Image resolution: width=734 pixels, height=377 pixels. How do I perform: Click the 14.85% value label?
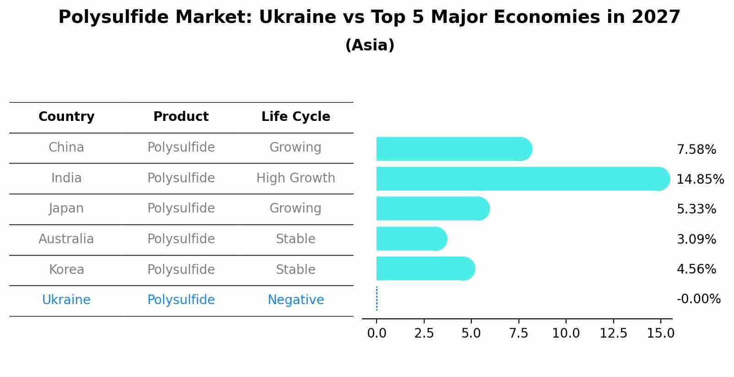[x=700, y=179]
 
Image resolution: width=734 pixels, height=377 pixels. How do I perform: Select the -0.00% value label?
[x=698, y=299]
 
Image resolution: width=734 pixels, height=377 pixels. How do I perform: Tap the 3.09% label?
[x=696, y=239]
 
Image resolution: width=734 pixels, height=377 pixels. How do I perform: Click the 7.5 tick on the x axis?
[x=518, y=333]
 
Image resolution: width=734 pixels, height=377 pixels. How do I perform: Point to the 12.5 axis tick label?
[x=613, y=333]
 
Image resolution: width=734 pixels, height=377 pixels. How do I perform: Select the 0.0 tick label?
[x=377, y=333]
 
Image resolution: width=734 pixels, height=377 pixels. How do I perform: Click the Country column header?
[x=66, y=117]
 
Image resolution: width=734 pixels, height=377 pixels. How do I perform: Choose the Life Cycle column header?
[x=296, y=117]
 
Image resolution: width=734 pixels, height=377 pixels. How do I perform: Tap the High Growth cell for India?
[x=296, y=178]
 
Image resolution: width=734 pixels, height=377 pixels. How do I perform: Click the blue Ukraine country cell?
[x=66, y=300]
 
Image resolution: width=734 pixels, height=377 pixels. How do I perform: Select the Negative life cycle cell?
[x=296, y=300]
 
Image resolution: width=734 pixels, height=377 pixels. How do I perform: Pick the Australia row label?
[x=66, y=239]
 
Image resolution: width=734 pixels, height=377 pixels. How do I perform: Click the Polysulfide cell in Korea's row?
[x=181, y=269]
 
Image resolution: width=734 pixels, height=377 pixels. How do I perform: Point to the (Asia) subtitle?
[x=369, y=45]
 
